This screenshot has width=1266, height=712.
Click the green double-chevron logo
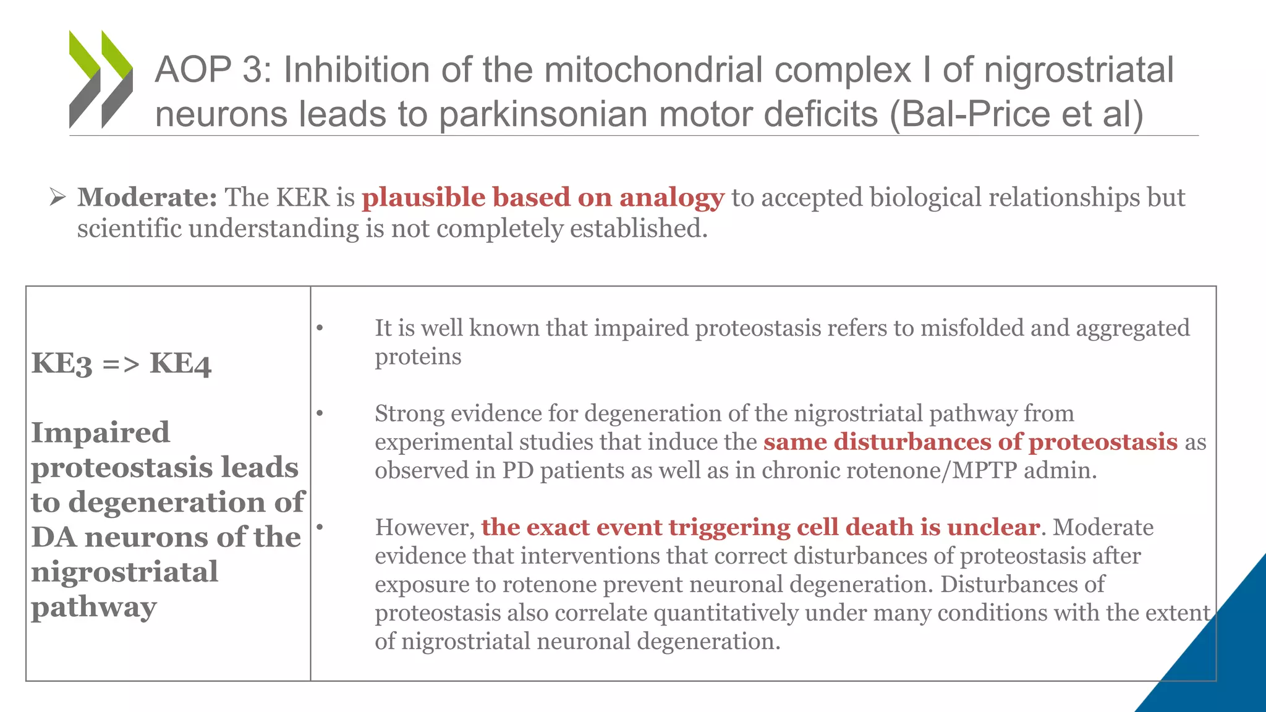click(x=101, y=79)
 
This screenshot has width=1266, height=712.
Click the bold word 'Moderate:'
click(x=147, y=198)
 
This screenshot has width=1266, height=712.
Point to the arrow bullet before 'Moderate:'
click(x=57, y=198)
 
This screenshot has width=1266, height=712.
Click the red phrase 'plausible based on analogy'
click(x=542, y=198)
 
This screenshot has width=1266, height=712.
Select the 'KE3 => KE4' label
click(x=121, y=363)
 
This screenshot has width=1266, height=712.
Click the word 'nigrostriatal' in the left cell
click(x=124, y=572)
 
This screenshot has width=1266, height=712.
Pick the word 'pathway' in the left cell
click(x=93, y=607)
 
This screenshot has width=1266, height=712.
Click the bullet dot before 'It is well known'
click(x=320, y=328)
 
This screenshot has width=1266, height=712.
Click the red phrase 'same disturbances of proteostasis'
click(x=970, y=442)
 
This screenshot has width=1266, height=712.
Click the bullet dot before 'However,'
click(x=320, y=527)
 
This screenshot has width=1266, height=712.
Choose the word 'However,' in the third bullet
click(x=424, y=528)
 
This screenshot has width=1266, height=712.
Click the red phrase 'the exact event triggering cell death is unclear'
click(x=760, y=528)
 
